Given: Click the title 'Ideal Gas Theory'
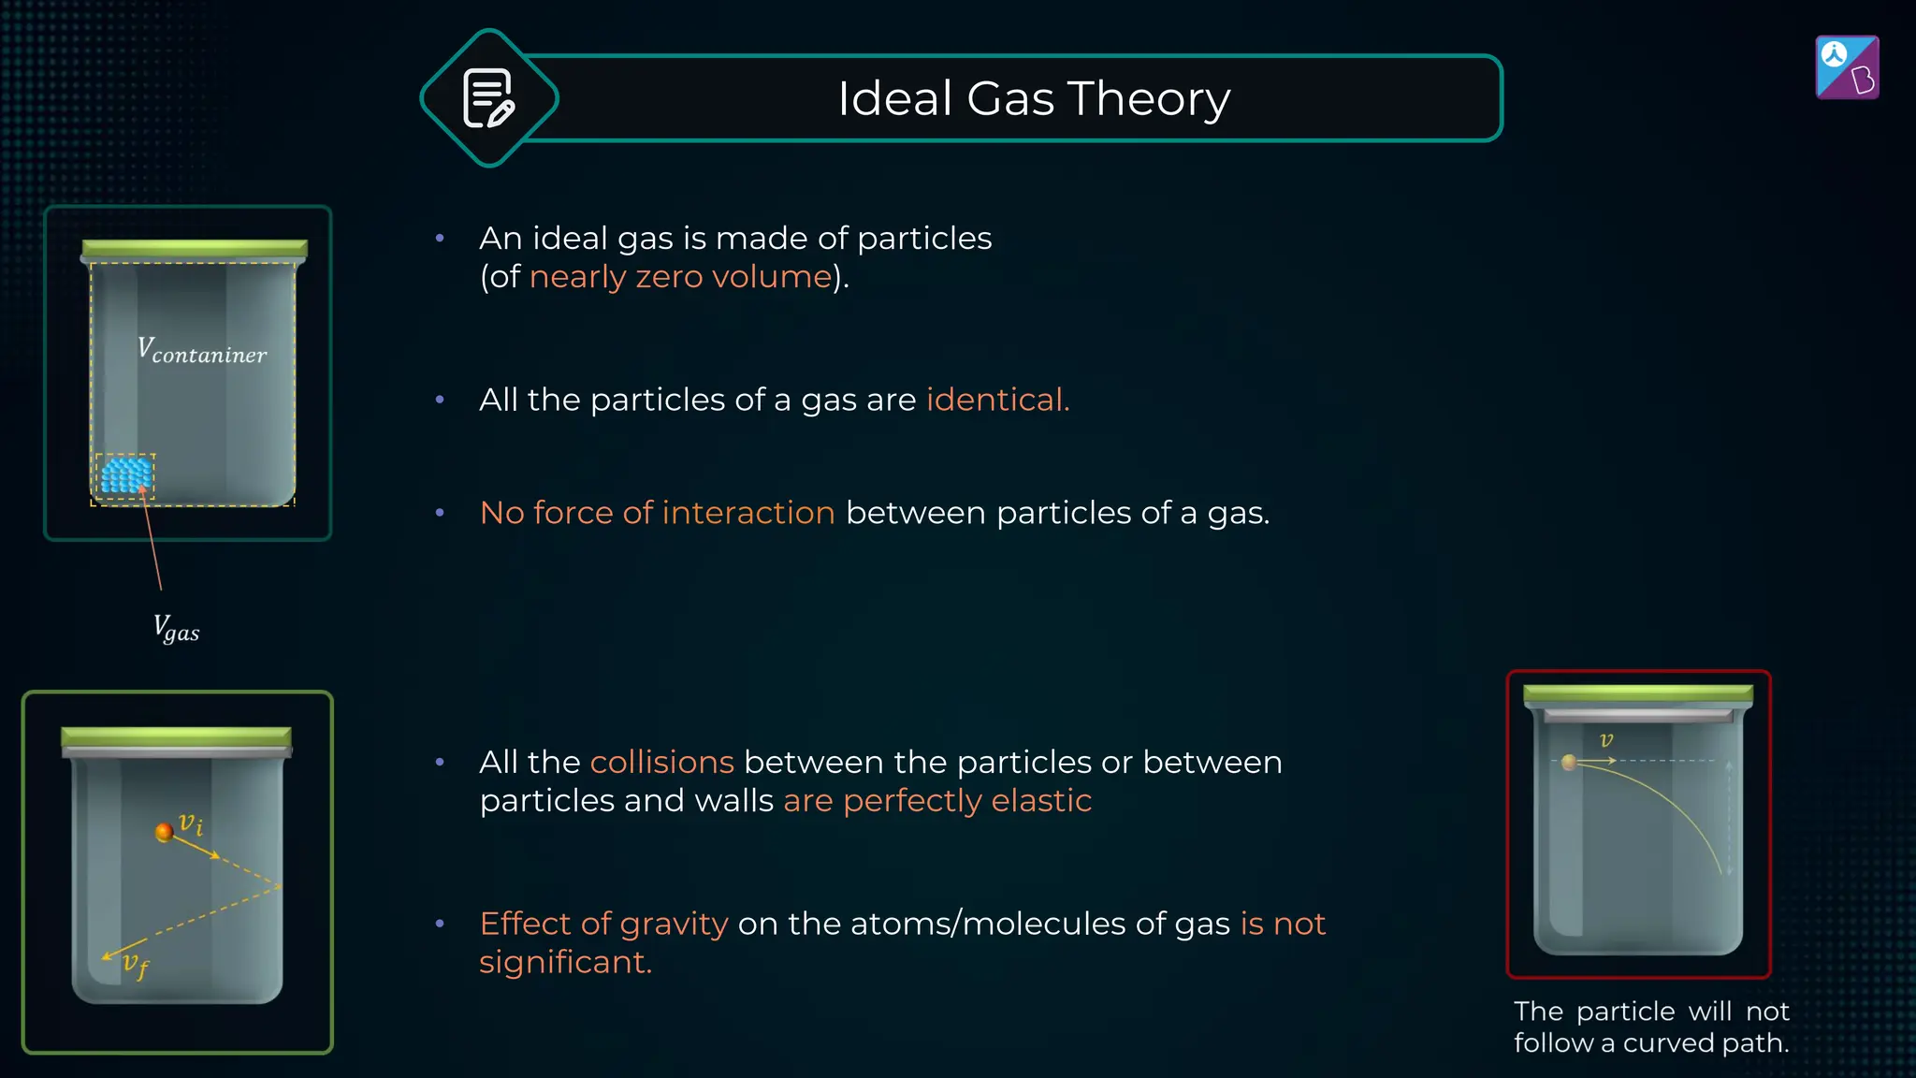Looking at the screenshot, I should click(x=1034, y=98).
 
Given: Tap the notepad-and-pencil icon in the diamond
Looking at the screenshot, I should click(x=488, y=98).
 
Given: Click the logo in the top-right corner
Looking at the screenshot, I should click(x=1847, y=67).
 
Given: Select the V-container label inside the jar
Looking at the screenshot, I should click(x=202, y=351).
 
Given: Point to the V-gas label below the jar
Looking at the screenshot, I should click(x=176, y=628).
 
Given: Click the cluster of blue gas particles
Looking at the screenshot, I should click(x=126, y=474).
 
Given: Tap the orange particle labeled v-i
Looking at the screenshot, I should click(x=164, y=832).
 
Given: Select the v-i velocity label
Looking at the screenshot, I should click(x=192, y=823).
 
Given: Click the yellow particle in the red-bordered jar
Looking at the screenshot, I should click(x=1569, y=763).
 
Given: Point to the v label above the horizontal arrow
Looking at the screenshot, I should click(x=1606, y=740).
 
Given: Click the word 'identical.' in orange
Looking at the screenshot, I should click(x=997, y=400).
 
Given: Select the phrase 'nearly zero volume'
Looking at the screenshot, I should click(x=680, y=277).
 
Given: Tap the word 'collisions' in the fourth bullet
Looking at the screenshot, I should click(x=661, y=763).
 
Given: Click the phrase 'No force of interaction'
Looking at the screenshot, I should click(x=657, y=513).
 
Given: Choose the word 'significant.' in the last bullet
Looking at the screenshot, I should click(x=565, y=962).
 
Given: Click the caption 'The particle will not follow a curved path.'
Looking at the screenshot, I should click(x=1651, y=1027).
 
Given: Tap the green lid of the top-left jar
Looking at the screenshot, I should click(x=195, y=248).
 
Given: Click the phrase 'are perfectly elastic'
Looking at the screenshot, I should click(x=937, y=801).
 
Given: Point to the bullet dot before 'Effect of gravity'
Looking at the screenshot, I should click(x=440, y=924).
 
